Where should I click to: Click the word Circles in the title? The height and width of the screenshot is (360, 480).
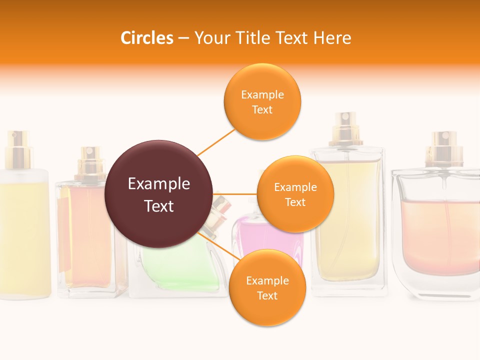[x=147, y=38]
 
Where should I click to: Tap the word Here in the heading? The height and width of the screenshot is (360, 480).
[x=332, y=38]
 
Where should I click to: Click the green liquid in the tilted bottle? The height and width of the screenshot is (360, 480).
[x=180, y=270]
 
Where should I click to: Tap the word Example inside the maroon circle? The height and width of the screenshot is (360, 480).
[x=159, y=184]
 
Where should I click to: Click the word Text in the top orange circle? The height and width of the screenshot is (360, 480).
[x=262, y=110]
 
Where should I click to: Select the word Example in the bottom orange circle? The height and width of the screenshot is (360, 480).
[x=267, y=281]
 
